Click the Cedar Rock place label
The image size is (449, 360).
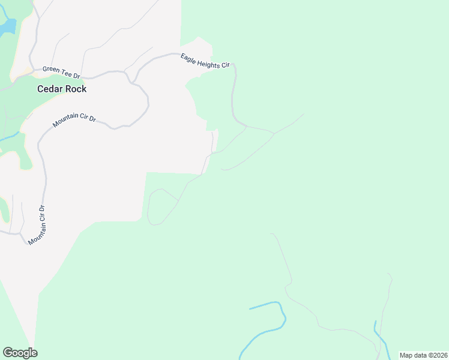62,89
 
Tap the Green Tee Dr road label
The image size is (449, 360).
61,72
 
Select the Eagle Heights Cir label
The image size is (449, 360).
205,61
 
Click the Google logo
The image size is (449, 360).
20,353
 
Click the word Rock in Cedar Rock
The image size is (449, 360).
76,89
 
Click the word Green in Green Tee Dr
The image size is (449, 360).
51,70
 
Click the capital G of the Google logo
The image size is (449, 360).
8,352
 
